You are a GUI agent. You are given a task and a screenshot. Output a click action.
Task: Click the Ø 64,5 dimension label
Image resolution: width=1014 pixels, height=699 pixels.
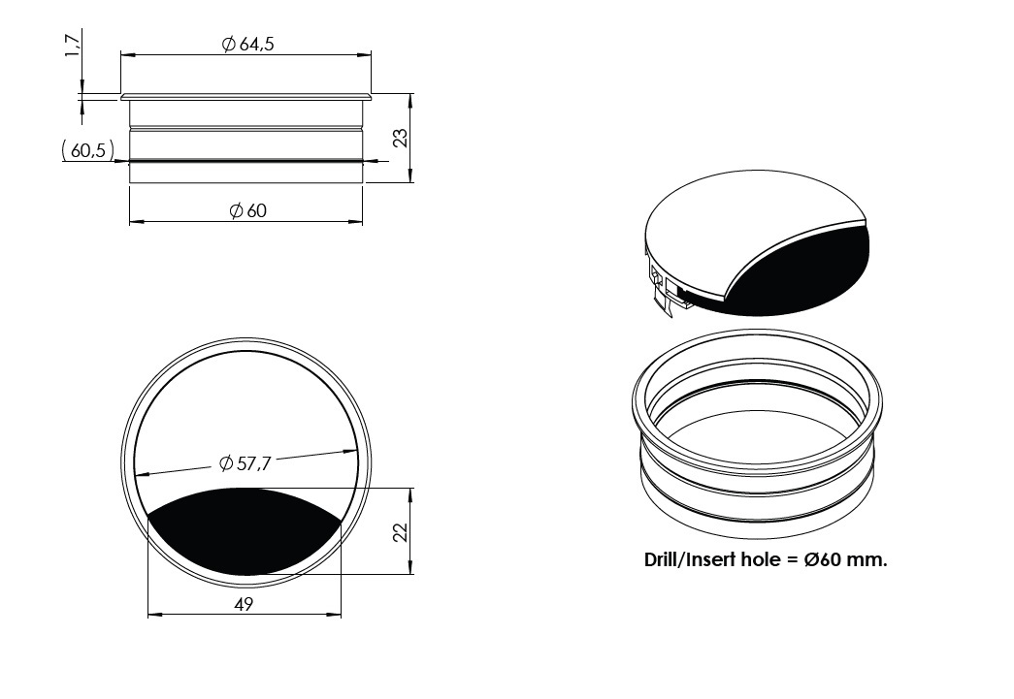[x=247, y=44]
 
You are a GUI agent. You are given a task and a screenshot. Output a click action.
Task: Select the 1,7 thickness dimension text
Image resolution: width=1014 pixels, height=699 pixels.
[x=73, y=46]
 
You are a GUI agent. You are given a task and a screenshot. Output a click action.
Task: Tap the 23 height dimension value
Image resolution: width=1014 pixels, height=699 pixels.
[x=401, y=138]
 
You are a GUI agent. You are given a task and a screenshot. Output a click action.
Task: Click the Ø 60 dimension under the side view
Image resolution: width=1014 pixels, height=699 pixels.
[x=247, y=210]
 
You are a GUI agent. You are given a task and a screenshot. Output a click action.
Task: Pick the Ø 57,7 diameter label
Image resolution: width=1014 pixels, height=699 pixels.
[x=245, y=462]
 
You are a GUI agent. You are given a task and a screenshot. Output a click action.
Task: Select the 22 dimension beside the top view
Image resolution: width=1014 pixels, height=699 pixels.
[x=401, y=531]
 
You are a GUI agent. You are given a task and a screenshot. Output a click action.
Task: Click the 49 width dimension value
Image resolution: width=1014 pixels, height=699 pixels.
[x=244, y=604]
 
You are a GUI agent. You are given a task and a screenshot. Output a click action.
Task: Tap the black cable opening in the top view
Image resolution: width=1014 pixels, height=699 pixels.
[x=245, y=529]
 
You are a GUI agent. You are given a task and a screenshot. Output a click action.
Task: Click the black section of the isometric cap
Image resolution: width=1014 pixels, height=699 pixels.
[x=801, y=274]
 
